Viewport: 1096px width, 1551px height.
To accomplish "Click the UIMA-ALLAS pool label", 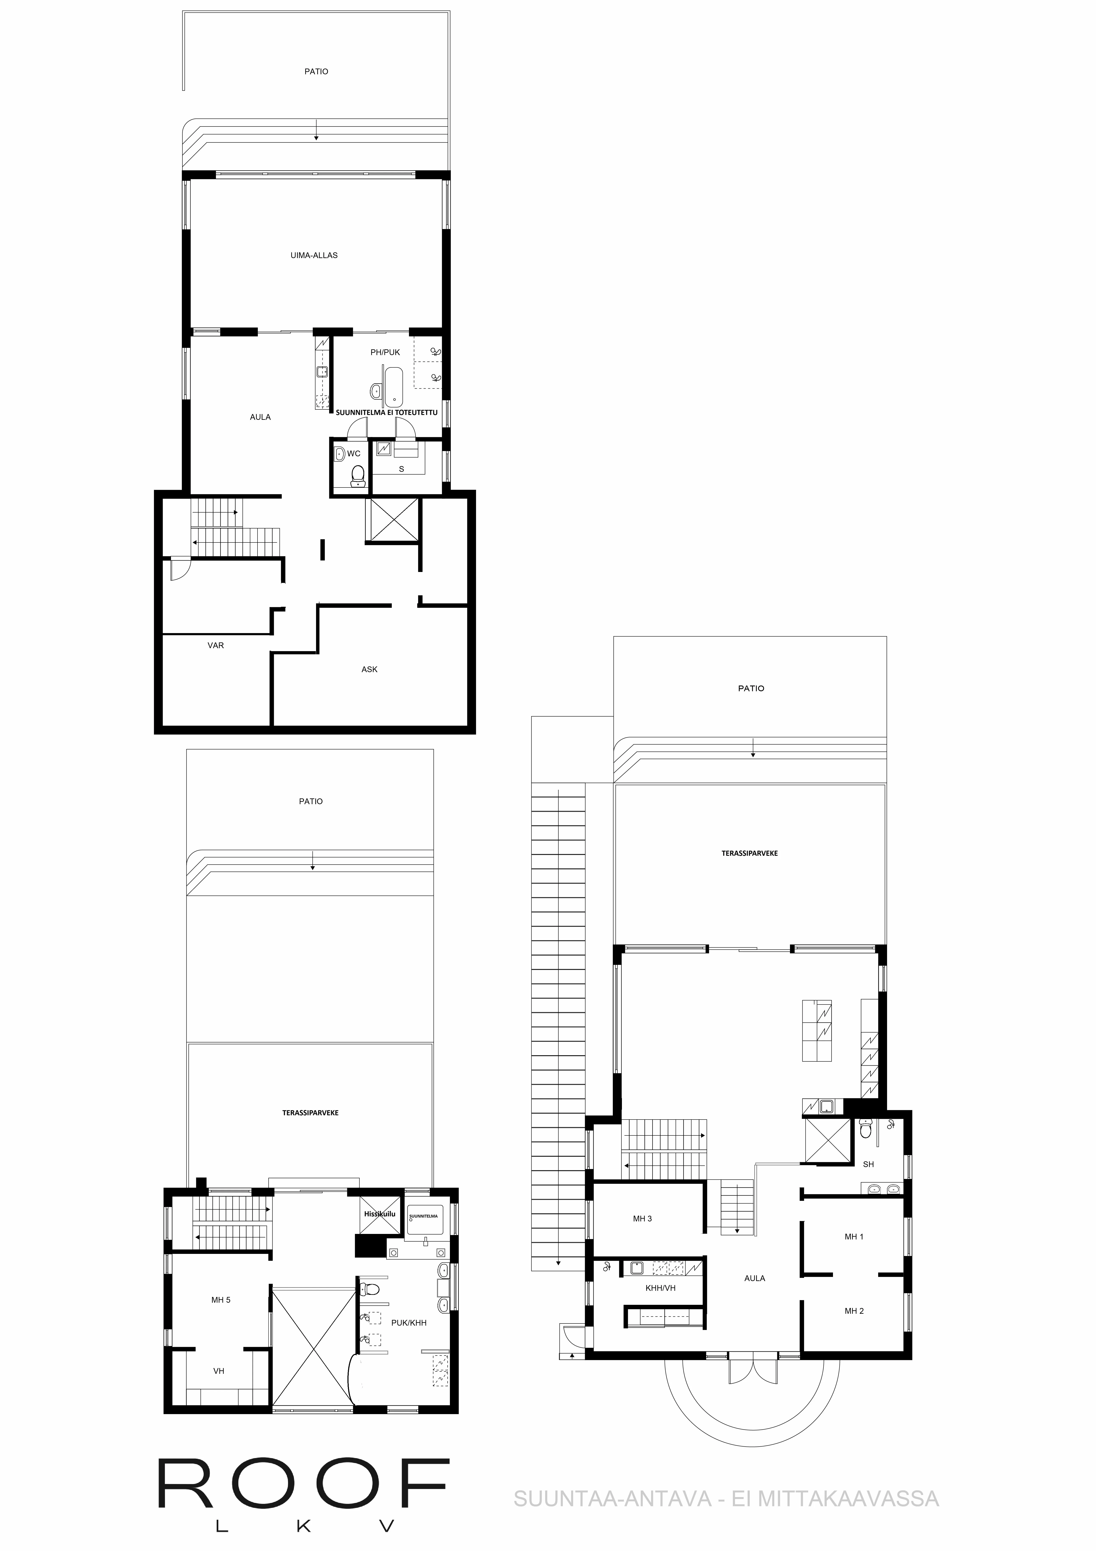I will point(314,255).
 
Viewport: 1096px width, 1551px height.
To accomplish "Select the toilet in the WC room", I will point(358,476).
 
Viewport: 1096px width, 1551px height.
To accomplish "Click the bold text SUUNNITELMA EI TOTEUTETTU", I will point(387,412).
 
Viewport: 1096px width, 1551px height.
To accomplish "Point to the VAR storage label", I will point(216,645).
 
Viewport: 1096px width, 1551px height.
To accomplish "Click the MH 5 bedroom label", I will point(221,1300).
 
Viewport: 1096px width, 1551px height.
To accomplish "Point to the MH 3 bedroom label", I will point(642,1219).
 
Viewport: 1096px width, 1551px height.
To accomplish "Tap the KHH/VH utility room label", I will point(661,1288).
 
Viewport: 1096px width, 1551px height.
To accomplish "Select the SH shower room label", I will point(868,1164).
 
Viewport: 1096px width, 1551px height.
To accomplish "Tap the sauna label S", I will point(402,469).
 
